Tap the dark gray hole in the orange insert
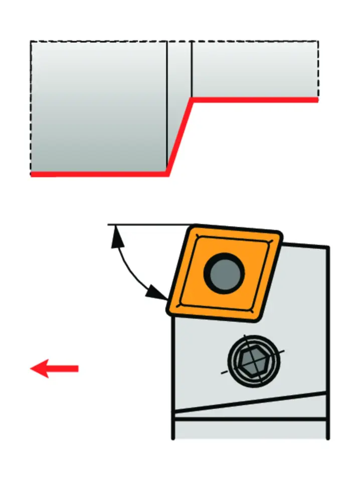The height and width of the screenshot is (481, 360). pyautogui.click(x=224, y=273)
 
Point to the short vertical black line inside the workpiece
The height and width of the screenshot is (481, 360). pyautogui.click(x=192, y=68)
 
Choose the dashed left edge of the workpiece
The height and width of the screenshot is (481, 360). pyautogui.click(x=31, y=108)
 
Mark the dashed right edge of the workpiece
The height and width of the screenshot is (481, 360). pyautogui.click(x=318, y=70)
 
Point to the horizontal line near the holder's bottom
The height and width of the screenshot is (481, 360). pyautogui.click(x=251, y=418)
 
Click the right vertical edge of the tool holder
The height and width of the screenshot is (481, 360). pyautogui.click(x=328, y=341)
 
